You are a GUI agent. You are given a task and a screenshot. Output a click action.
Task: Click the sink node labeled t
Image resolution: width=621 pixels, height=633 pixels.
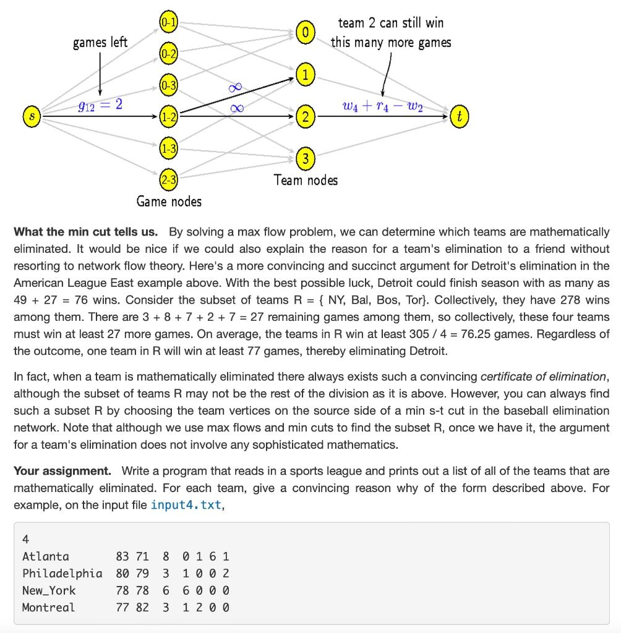click(458, 116)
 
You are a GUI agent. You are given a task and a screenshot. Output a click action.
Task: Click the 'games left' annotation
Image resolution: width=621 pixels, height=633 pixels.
click(100, 42)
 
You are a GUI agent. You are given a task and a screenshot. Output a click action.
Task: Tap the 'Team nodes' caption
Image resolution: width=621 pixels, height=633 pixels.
click(306, 180)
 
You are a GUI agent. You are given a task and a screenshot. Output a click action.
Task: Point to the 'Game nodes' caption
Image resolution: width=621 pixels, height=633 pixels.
click(169, 202)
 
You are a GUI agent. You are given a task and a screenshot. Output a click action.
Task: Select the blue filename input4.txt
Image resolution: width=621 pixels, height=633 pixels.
click(186, 505)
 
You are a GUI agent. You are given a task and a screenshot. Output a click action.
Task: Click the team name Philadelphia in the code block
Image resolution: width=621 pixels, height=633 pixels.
click(62, 573)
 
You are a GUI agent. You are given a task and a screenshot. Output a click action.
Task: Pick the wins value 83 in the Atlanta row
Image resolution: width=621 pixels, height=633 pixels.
click(122, 556)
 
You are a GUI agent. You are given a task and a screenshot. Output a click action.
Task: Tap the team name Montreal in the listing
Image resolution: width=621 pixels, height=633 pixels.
click(48, 607)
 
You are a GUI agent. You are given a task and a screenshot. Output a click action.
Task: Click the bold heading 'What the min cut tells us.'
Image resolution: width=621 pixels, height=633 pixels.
click(85, 232)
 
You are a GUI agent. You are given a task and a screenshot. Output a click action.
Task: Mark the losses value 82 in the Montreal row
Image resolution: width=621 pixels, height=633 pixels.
click(142, 607)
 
